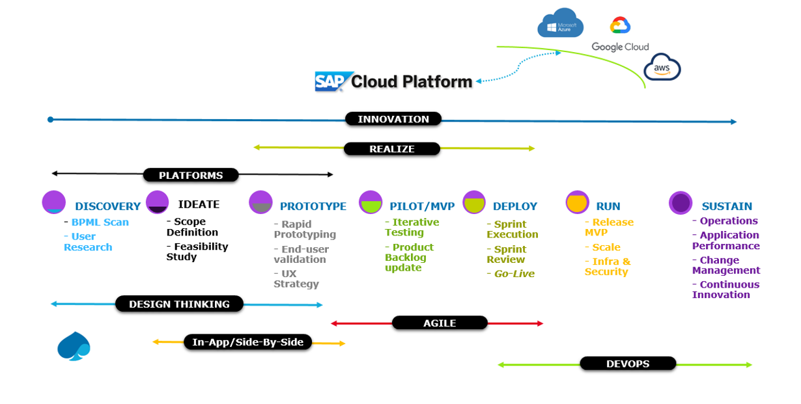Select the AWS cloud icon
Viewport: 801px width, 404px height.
[662, 67]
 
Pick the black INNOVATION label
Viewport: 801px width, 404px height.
[393, 119]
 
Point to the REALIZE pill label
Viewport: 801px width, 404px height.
[392, 149]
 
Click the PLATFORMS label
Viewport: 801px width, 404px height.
[191, 175]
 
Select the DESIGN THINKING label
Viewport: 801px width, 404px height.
[179, 304]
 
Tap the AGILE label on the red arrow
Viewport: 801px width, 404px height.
[440, 323]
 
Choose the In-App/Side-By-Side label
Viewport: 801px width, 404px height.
[248, 342]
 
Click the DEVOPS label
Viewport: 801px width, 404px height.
[628, 364]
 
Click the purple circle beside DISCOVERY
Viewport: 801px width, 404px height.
[54, 202]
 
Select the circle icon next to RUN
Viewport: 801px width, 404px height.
[578, 202]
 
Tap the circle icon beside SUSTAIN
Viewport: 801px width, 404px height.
[681, 202]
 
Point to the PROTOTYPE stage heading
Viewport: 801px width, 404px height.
[313, 206]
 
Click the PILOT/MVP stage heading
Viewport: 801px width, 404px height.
[422, 206]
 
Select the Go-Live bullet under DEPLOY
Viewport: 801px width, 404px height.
[513, 274]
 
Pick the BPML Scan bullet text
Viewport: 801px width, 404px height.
[100, 222]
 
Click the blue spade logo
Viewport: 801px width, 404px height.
[74, 346]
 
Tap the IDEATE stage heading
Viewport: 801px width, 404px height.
[199, 204]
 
